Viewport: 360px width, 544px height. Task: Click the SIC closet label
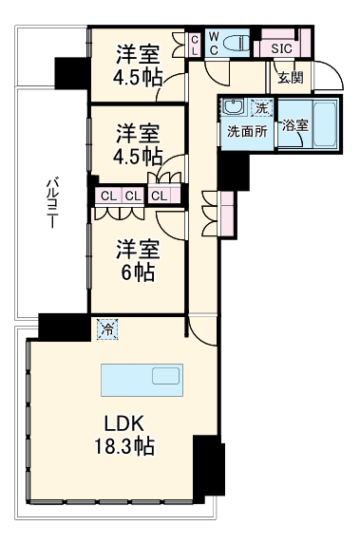281,47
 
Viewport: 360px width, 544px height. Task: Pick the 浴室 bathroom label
294,125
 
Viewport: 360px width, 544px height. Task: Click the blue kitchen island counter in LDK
140,379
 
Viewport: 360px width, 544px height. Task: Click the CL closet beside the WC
194,45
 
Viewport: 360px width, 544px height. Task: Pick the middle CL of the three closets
132,197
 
